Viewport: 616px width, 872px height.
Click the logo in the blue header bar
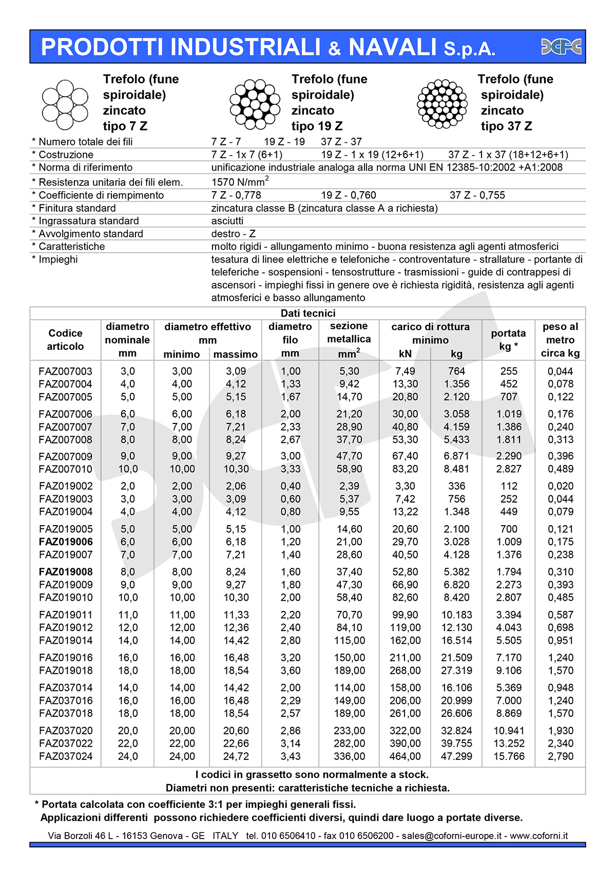tap(561, 47)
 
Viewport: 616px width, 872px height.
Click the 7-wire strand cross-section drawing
tap(65, 104)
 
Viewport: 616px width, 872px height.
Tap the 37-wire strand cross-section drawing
tap(442, 103)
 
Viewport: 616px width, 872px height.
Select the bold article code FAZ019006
tap(66, 542)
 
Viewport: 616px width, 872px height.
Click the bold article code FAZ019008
tap(66, 571)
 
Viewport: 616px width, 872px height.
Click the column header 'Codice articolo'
tap(65, 340)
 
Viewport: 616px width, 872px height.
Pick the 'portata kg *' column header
tap(508, 340)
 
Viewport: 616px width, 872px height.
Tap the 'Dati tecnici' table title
tap(308, 313)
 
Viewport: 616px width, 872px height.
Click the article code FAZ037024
tap(66, 756)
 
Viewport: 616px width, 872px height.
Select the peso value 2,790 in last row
tap(560, 756)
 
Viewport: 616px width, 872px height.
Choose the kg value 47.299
tap(456, 756)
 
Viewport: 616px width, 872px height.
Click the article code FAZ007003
tap(66, 371)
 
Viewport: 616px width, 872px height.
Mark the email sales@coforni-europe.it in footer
tap(451, 836)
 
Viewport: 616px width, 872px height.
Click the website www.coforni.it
tap(538, 836)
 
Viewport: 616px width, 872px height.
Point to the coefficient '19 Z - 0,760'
tap(349, 195)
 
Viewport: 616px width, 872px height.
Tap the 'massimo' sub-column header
tap(236, 354)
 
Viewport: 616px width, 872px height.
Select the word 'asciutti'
tap(227, 221)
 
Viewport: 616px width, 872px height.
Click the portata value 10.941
tap(509, 730)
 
